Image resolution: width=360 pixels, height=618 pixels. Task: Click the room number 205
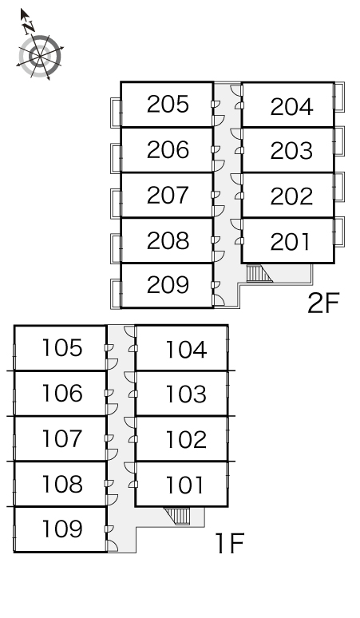pyautogui.click(x=168, y=105)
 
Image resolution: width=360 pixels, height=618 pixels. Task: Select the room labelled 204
pyautogui.click(x=291, y=107)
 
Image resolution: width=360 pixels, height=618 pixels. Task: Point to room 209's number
pyautogui.click(x=168, y=285)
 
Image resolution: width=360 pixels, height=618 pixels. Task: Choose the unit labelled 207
pyautogui.click(x=168, y=195)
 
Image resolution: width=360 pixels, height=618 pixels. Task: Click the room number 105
pyautogui.click(x=62, y=347)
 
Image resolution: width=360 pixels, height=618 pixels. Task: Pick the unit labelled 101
pyautogui.click(x=184, y=485)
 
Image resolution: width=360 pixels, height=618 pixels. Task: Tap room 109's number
pyautogui.click(x=62, y=529)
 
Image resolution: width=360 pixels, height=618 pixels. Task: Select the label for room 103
pyautogui.click(x=186, y=394)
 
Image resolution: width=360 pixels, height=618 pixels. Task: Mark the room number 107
pyautogui.click(x=62, y=438)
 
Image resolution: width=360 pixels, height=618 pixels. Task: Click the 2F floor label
pyautogui.click(x=323, y=303)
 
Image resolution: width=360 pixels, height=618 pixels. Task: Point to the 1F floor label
pyautogui.click(x=230, y=543)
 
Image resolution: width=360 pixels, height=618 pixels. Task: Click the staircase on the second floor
pyautogui.click(x=259, y=273)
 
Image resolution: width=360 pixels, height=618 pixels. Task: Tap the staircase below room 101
pyautogui.click(x=177, y=516)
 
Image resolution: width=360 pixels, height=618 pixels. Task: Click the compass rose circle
pyautogui.click(x=40, y=57)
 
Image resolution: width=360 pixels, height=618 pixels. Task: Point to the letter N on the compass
pyautogui.click(x=29, y=27)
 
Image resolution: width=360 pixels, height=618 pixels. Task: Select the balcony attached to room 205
pyautogui.click(x=116, y=113)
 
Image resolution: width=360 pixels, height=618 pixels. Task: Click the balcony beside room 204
pyautogui.click(x=339, y=97)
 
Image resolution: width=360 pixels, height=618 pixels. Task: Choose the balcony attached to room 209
pyautogui.click(x=116, y=294)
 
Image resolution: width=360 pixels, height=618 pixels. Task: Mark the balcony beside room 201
pyautogui.click(x=339, y=232)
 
